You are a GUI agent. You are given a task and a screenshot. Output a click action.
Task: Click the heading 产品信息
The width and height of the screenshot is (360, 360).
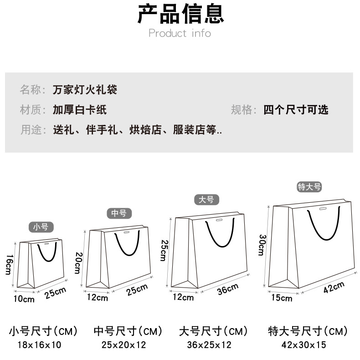(180, 14)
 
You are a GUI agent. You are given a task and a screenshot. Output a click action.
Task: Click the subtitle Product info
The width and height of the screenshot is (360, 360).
(180, 33)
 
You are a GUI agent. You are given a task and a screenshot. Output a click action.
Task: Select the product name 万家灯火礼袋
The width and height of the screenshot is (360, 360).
(85, 89)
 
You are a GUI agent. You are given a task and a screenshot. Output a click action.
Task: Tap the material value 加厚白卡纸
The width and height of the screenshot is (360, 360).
(79, 110)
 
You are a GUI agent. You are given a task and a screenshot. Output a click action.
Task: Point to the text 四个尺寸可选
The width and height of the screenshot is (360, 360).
(296, 110)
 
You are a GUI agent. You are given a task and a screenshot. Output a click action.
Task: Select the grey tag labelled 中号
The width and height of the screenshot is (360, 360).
(119, 213)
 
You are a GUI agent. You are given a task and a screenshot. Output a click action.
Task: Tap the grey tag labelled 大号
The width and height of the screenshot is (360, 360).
(206, 200)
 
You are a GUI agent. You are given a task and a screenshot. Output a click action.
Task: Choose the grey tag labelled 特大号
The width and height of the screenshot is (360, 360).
(309, 186)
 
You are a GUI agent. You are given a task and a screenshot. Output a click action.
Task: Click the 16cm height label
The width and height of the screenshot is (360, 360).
(9, 264)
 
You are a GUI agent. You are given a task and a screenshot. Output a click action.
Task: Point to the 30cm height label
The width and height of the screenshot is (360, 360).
(262, 245)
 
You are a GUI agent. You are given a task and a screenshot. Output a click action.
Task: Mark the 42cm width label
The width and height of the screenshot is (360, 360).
(334, 288)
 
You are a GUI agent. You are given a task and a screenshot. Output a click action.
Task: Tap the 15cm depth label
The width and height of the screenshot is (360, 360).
(282, 298)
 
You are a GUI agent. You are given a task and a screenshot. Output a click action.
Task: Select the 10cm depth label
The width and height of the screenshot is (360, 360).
(24, 299)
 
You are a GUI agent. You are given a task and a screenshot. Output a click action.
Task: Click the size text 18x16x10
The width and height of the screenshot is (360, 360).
(39, 345)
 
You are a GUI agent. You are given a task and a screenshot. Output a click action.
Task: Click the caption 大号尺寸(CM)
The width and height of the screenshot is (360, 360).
(213, 331)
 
